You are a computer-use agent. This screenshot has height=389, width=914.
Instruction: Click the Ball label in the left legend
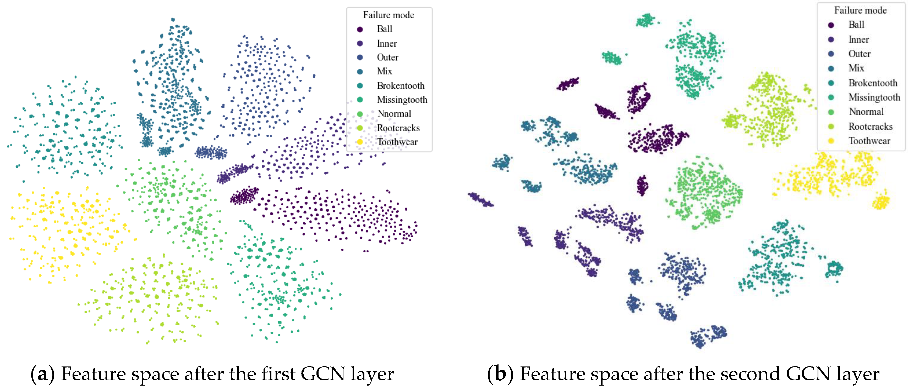pos(384,29)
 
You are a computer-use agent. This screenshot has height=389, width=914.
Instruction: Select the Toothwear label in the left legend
pos(397,142)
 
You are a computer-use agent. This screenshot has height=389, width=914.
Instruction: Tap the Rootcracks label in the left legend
pos(398,128)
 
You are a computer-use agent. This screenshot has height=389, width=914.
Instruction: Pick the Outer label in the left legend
pos(387,57)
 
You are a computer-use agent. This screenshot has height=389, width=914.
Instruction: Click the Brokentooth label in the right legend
pos(873,83)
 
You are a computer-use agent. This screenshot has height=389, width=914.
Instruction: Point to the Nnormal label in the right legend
pos(866,112)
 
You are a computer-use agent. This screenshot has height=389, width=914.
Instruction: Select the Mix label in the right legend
pos(856,68)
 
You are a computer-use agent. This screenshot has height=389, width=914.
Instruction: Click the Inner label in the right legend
pos(858,39)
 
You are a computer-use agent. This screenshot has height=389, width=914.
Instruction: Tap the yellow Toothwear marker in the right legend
pos(831,141)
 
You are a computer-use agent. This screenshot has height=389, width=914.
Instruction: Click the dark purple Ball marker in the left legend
pos(360,29)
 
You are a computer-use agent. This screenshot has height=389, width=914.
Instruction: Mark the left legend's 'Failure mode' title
pos(388,15)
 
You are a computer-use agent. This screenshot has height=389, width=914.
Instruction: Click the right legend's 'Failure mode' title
pos(860,10)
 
